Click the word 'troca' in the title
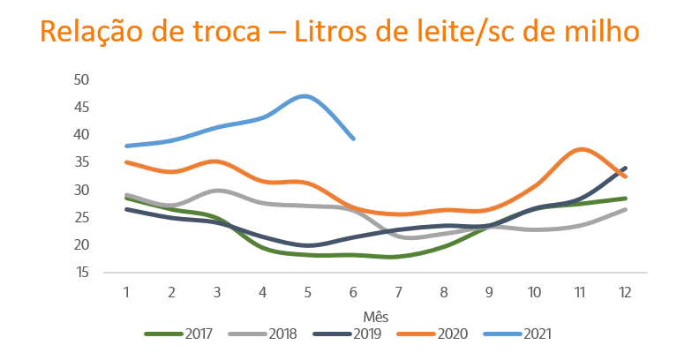point(229,33)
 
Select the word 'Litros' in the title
point(343,33)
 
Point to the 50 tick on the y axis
point(83,79)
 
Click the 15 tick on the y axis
point(83,273)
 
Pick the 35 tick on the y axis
point(83,162)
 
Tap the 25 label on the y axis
point(83,218)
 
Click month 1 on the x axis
point(126,291)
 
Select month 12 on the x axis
point(625,291)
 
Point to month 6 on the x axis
point(353,291)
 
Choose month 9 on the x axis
point(489,291)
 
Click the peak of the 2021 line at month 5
point(306,95)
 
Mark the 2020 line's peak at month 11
point(579,149)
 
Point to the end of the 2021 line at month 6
point(353,139)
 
